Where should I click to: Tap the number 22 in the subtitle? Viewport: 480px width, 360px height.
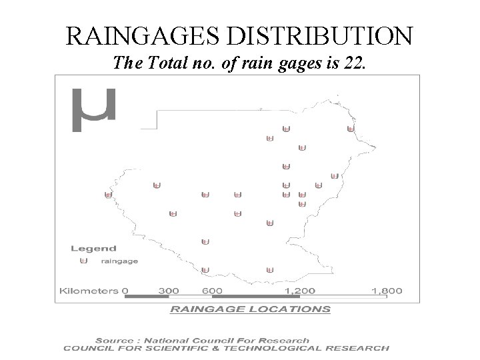(x=353, y=63)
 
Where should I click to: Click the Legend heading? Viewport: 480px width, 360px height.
(x=93, y=249)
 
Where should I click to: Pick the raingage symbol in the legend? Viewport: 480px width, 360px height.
(x=83, y=261)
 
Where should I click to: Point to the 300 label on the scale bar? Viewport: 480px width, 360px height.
(x=169, y=291)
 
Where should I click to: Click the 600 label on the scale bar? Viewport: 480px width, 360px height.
(x=213, y=291)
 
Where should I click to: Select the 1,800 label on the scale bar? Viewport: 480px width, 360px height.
(x=387, y=291)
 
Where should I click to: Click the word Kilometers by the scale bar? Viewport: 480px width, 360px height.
(x=89, y=291)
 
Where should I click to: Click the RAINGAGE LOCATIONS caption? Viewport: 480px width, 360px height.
(x=250, y=309)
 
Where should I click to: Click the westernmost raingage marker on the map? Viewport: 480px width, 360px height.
(x=108, y=195)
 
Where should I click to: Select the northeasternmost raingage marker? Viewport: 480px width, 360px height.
(x=351, y=128)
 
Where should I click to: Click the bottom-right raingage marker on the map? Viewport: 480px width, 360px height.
(x=270, y=269)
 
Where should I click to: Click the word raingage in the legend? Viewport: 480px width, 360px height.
(x=119, y=261)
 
